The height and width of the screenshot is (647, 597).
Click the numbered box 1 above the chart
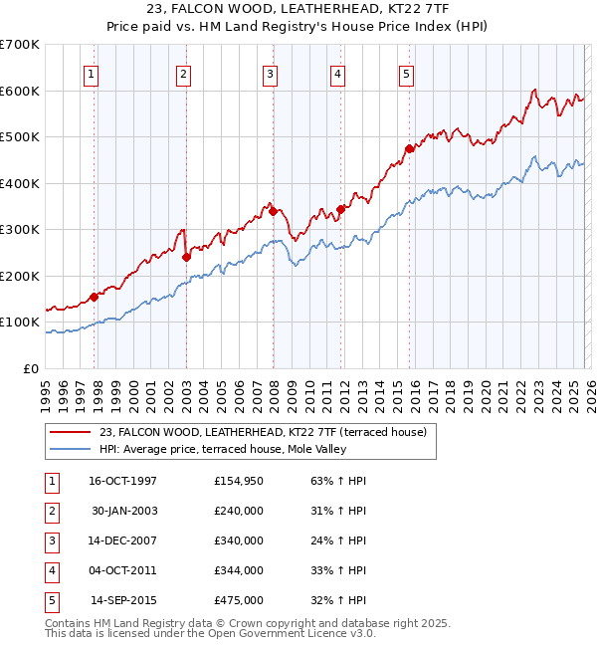(91, 73)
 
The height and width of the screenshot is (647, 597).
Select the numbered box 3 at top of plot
(270, 73)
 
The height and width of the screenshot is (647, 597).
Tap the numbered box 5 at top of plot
(407, 73)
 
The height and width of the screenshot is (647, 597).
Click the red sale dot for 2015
(408, 149)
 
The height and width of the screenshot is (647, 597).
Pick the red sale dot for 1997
(95, 297)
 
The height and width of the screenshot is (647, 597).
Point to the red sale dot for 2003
(186, 257)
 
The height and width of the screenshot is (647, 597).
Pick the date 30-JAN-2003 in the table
(124, 511)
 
